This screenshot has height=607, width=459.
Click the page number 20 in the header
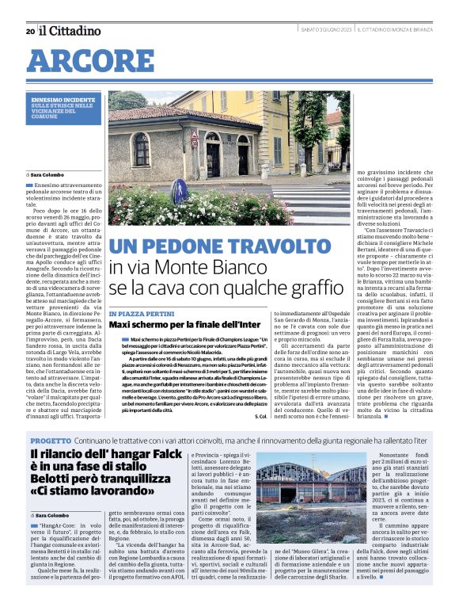click(x=29, y=31)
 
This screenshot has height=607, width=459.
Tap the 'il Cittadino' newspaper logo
click(x=70, y=30)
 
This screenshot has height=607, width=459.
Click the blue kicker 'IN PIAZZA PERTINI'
click(x=139, y=314)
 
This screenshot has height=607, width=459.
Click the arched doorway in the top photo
click(x=214, y=154)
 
